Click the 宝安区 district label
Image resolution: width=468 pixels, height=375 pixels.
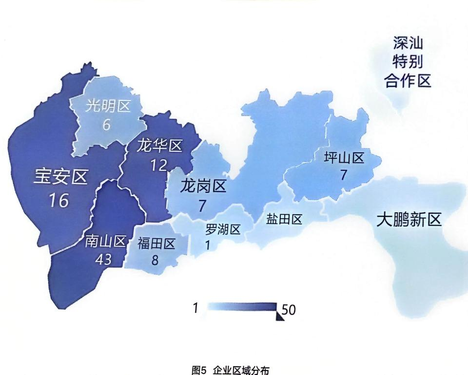60,178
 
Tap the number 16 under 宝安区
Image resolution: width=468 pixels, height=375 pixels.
58,200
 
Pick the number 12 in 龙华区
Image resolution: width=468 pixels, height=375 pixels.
158,166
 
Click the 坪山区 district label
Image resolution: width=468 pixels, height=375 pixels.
344,158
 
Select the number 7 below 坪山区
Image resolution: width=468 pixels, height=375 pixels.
344,175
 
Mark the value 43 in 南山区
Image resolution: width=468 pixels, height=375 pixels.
104,260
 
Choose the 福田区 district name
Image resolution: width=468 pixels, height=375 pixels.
156,243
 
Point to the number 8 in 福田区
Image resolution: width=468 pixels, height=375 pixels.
155,261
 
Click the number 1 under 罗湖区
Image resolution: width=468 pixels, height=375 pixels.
208,245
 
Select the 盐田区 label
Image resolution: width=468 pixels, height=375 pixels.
284,219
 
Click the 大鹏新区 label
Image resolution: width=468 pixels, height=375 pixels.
409,221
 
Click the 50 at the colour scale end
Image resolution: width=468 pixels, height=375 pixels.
289,310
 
